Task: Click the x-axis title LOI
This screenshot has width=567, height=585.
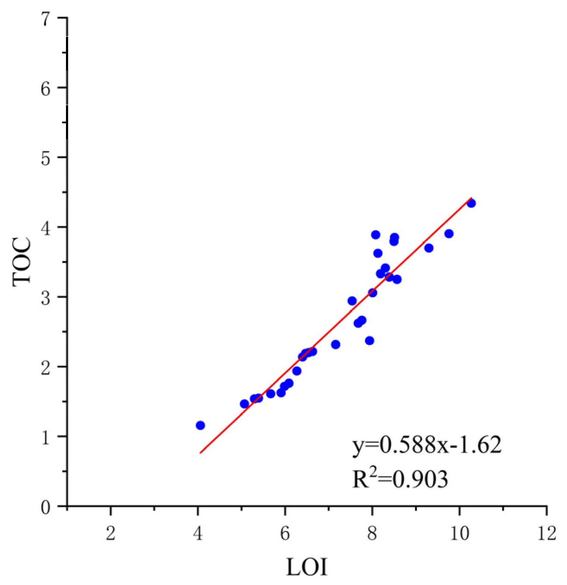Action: tap(307, 567)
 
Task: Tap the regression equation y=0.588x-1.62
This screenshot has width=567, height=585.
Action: tap(427, 445)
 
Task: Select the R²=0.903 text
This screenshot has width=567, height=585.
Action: tap(400, 479)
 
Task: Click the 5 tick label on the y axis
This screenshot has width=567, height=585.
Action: tap(46, 158)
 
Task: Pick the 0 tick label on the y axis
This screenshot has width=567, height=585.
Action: tap(46, 507)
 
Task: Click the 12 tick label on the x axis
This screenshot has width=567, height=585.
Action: tap(547, 534)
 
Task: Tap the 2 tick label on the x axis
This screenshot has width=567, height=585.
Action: tap(111, 534)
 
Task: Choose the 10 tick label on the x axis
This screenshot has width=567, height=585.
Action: tap(459, 534)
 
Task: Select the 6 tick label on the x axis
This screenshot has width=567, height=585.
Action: tap(285, 534)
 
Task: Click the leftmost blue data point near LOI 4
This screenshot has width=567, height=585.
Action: tap(200, 425)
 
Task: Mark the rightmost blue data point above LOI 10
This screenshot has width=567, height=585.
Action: tap(471, 203)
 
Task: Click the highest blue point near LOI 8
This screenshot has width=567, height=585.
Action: tap(376, 235)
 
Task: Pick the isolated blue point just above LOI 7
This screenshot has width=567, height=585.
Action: tap(335, 344)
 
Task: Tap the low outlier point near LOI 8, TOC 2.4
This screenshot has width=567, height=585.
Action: tap(370, 341)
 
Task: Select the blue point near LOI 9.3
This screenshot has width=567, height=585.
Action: tap(429, 248)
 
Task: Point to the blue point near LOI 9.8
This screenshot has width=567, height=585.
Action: tap(449, 234)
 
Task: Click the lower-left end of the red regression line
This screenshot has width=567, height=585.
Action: tap(200, 453)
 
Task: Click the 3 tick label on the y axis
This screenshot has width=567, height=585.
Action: tap(46, 297)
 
